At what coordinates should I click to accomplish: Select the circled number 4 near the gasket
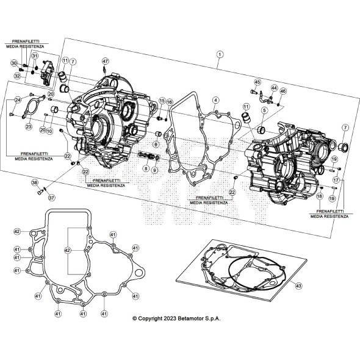click(215, 99)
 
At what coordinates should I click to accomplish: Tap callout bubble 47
click(105, 62)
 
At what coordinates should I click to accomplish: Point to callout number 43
click(298, 286)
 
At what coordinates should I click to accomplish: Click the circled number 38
click(35, 182)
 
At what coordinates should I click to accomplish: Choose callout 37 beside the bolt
click(52, 197)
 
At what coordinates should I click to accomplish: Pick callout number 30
click(13, 63)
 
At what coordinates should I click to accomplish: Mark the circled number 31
click(35, 56)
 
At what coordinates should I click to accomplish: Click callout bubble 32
click(17, 75)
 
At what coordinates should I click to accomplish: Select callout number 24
click(18, 100)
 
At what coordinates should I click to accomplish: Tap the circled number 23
click(28, 127)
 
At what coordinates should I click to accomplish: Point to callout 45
click(257, 82)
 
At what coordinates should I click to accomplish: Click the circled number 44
click(275, 88)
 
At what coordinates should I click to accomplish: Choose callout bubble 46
click(283, 91)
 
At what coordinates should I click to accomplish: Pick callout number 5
click(264, 110)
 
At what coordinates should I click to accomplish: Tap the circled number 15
click(162, 100)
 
